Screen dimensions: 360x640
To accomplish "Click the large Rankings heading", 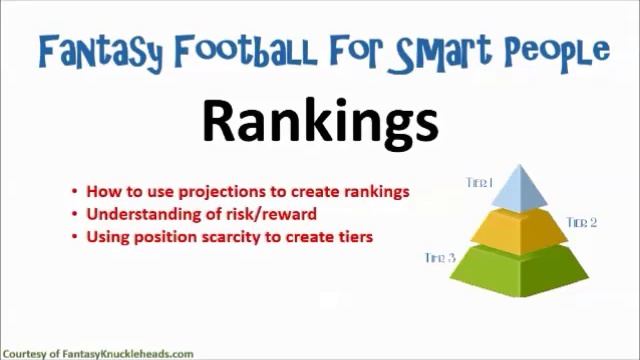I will pyautogui.click(x=320, y=121).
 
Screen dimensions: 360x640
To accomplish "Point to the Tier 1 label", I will pyautogui.click(x=479, y=182).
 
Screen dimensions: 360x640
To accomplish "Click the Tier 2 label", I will pyautogui.click(x=581, y=222).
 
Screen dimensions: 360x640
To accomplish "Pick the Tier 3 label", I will pyautogui.click(x=440, y=258).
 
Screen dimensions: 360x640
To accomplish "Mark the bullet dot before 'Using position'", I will pyautogui.click(x=75, y=238).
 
